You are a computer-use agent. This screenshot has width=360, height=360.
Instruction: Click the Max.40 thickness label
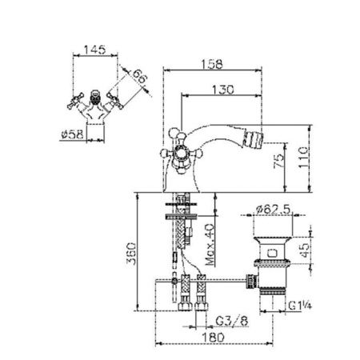[x=210, y=245]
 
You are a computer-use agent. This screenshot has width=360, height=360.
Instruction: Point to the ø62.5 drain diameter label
[x=271, y=210]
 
